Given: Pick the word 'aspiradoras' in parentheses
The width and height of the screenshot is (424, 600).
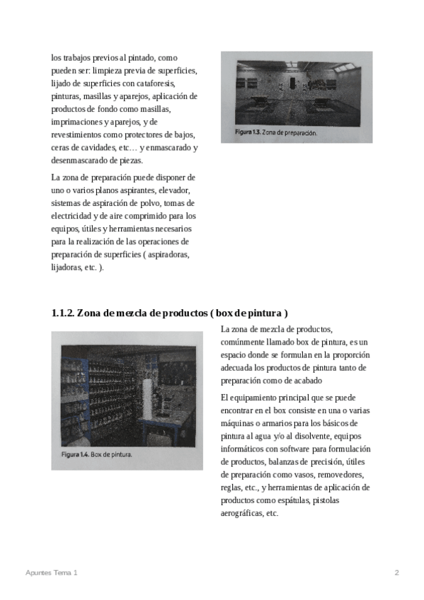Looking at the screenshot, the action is point(168,255).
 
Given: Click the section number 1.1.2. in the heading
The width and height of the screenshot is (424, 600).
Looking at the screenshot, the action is point(63,313).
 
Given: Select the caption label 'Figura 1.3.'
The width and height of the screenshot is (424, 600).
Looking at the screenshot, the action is point(248,132).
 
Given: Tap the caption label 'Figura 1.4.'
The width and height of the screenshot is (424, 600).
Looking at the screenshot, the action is point(76,454).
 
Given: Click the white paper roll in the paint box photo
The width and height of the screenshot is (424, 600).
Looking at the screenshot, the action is point(148,398).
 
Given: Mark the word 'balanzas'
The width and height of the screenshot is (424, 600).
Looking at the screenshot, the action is point(284,462).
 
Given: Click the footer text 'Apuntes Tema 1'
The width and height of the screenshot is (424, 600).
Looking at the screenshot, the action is point(51,573).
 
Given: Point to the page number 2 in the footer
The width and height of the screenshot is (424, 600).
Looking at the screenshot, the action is point(397,573).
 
